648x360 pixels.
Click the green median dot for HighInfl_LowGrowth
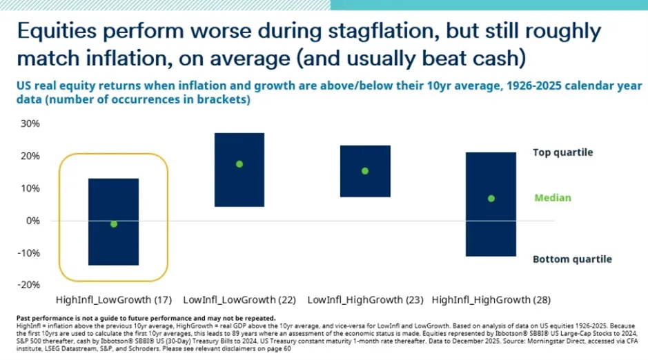coord(114,224)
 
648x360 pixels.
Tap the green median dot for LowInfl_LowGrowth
coord(239,164)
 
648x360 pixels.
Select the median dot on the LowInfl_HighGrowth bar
coord(365,171)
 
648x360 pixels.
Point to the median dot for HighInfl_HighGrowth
coord(491,199)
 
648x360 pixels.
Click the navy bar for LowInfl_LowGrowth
coord(239,186)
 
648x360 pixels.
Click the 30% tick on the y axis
coord(31,124)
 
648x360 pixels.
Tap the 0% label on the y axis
coord(34,221)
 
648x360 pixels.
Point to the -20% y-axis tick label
coord(30,285)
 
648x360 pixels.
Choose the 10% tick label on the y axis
coord(31,188)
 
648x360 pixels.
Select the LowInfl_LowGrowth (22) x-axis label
coord(238,300)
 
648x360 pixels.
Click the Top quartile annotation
coord(562,152)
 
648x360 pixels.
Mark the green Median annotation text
coord(553,198)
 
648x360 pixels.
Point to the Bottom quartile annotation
coord(572,259)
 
